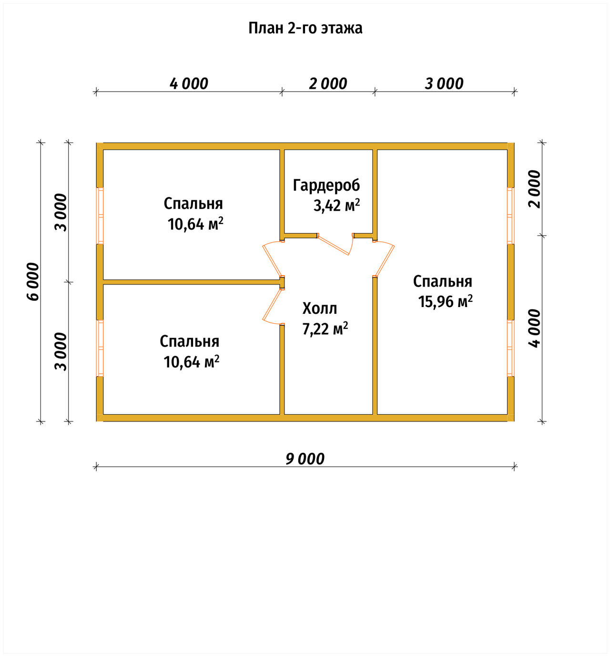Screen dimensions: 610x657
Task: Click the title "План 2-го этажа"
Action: (305, 29)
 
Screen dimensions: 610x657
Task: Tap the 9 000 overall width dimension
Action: (305, 459)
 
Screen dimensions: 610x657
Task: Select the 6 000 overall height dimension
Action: (32, 281)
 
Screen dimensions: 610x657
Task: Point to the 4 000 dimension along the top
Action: (189, 84)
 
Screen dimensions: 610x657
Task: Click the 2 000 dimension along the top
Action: (328, 84)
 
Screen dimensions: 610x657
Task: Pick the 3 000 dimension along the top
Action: (444, 84)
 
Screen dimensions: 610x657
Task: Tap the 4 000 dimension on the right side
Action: (534, 328)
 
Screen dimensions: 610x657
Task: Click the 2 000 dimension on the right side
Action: (534, 189)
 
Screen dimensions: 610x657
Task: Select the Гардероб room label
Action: (326, 185)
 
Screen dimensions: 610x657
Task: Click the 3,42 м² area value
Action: (336, 205)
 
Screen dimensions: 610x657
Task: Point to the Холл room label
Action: (320, 308)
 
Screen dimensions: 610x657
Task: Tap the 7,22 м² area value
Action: (325, 329)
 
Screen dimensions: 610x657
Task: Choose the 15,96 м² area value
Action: (445, 301)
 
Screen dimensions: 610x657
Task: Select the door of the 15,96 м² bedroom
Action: (384, 260)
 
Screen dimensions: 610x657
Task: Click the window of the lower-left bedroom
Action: (101, 348)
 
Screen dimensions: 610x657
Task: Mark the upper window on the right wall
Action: (510, 216)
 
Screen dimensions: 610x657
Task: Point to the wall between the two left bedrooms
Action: (192, 282)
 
